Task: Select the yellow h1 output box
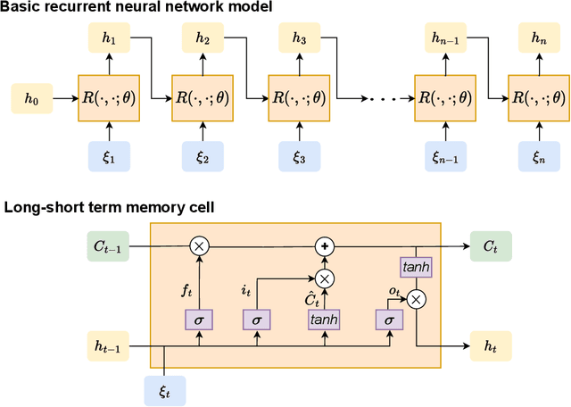pos(110,39)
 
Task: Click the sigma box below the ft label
pos(199,318)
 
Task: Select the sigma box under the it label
pos(257,318)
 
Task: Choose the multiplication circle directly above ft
pos(199,243)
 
